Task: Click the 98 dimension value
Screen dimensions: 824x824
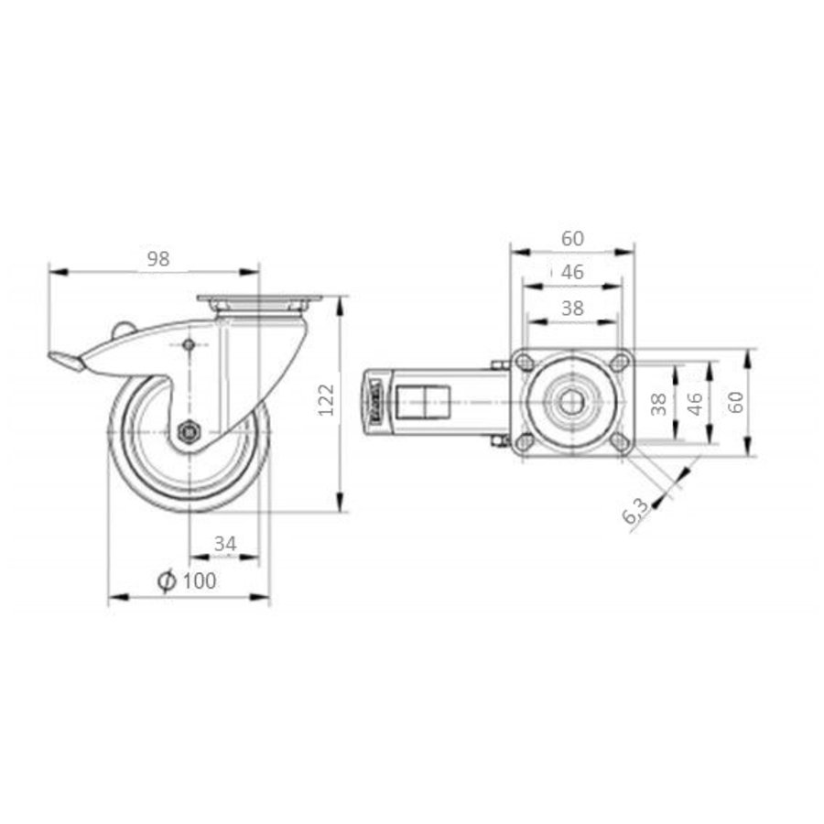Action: click(158, 258)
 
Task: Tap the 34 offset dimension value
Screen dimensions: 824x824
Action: click(224, 544)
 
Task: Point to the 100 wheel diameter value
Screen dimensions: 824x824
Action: click(200, 580)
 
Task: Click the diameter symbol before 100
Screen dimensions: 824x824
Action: click(166, 580)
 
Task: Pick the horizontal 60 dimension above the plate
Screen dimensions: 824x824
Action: click(572, 238)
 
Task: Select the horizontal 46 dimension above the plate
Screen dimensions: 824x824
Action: click(572, 272)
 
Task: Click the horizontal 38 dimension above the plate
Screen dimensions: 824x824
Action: click(572, 309)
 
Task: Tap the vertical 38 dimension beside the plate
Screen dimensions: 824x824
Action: click(657, 403)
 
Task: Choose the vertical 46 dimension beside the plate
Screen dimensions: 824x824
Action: click(695, 403)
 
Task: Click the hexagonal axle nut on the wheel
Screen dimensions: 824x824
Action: click(189, 431)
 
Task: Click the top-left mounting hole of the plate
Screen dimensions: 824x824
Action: click(526, 363)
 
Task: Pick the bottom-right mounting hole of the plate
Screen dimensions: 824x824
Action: click(620, 442)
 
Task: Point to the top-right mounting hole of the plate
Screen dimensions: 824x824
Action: click(620, 363)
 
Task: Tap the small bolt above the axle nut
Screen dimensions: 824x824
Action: click(189, 345)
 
